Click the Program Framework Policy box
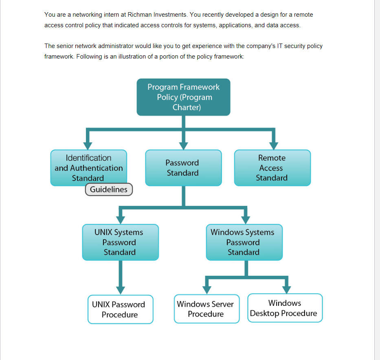pyautogui.click(x=183, y=97)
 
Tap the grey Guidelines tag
pyautogui.click(x=109, y=190)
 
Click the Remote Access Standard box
pyautogui.click(x=272, y=168)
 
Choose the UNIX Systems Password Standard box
pyautogui.click(x=120, y=242)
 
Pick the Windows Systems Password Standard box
pyautogui.click(x=244, y=242)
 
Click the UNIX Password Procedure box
pyautogui.click(x=120, y=309)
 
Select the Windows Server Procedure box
pyautogui.click(x=206, y=309)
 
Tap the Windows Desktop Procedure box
pyautogui.click(x=285, y=308)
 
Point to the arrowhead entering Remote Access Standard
pyautogui.click(x=274, y=145)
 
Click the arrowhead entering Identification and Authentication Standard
pyautogui.click(x=87, y=145)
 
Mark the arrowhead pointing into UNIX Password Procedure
pyautogui.click(x=120, y=289)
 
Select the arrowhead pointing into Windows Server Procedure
pyautogui.click(x=207, y=289)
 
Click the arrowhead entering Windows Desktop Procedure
pyautogui.click(x=287, y=288)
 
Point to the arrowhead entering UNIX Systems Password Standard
pyautogui.click(x=120, y=220)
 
